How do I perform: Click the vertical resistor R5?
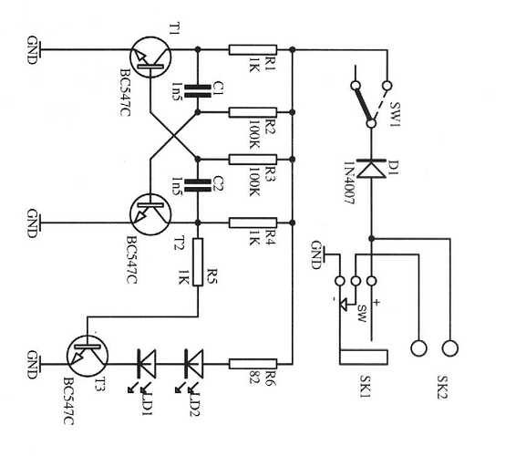[x=198, y=264]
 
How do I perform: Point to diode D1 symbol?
[x=370, y=170]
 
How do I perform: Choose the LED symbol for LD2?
[x=193, y=362]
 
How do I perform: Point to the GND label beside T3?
[x=33, y=362]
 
